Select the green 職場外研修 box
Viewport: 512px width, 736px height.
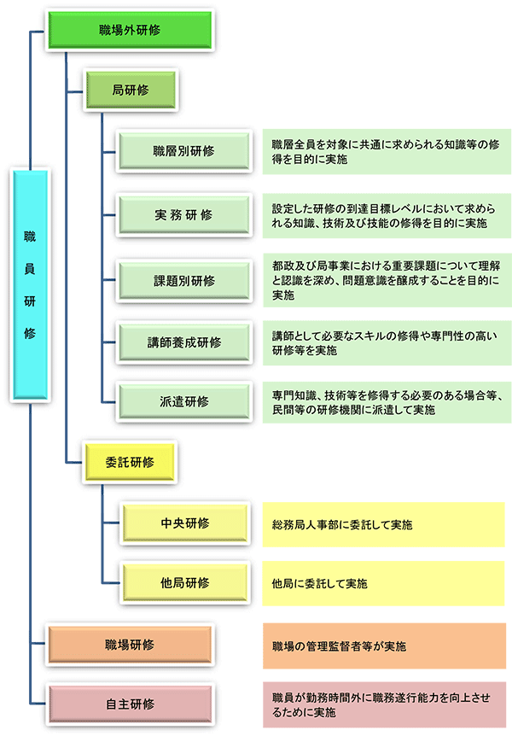click(x=130, y=31)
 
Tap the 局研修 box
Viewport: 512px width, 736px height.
click(x=130, y=89)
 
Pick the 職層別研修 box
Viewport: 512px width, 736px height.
click(x=184, y=151)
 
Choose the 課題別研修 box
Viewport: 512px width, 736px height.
click(x=184, y=279)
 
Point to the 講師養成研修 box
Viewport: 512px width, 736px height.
click(x=184, y=342)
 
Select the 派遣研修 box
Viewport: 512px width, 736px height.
click(x=184, y=402)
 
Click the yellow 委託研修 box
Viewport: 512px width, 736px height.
click(x=130, y=462)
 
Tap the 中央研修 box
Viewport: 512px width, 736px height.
click(x=184, y=523)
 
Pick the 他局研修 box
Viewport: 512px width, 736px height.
click(x=184, y=583)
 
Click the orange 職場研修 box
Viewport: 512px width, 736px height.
click(x=130, y=644)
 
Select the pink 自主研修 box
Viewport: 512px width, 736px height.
click(x=130, y=704)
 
